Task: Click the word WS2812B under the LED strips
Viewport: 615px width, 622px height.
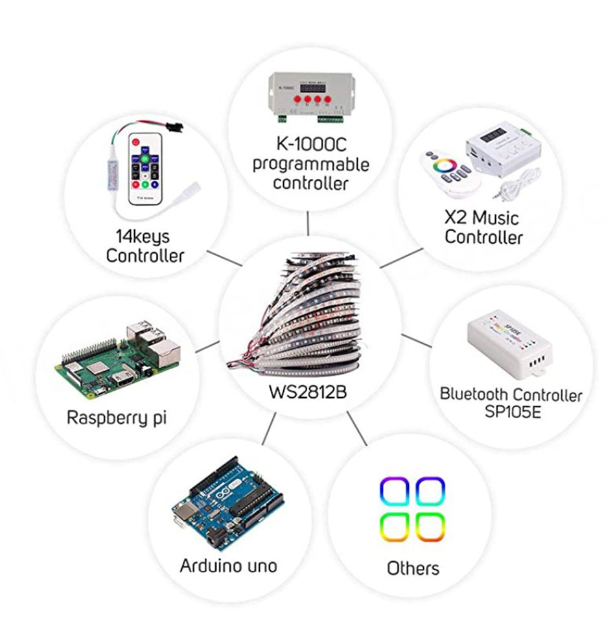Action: (308, 393)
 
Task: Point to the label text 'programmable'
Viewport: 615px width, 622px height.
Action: (310, 163)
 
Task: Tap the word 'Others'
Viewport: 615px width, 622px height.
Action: (413, 568)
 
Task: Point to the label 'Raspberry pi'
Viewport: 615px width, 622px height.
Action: (117, 417)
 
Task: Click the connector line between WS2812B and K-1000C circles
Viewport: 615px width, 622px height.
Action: (308, 224)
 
